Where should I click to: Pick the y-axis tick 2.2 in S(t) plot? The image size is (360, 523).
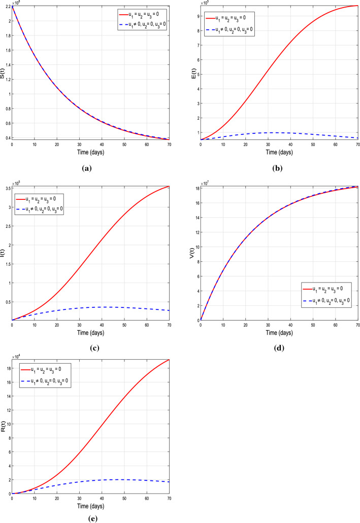pos(7,5)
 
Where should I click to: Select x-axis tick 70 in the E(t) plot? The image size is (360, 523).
pos(357,144)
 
